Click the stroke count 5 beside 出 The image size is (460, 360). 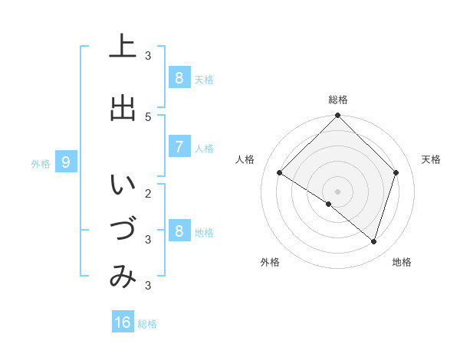click(x=148, y=116)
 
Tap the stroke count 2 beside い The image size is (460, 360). click(x=148, y=193)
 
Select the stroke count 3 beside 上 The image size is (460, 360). click(x=148, y=55)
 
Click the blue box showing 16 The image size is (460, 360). click(x=123, y=322)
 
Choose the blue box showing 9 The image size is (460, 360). click(x=66, y=162)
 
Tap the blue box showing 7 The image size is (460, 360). click(x=179, y=147)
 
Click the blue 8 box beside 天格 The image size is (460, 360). click(x=179, y=78)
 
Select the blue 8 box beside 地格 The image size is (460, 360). click(x=179, y=231)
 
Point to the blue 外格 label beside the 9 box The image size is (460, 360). click(x=41, y=163)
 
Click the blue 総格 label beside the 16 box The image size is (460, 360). click(x=147, y=324)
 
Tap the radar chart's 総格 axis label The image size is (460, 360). click(x=338, y=100)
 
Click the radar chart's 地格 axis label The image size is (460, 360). click(x=402, y=262)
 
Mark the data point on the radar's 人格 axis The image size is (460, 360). click(x=280, y=173)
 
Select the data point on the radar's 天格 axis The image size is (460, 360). click(x=396, y=172)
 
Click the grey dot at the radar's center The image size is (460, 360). click(x=338, y=191)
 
